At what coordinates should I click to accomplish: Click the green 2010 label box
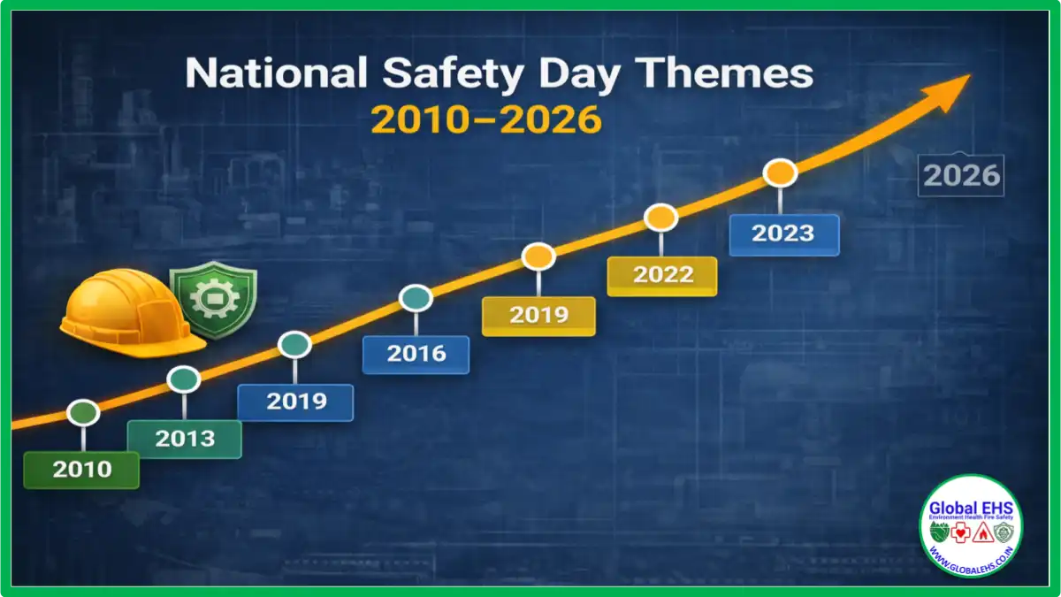81,470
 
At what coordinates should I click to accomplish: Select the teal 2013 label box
185,439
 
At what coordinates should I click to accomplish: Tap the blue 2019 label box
295,402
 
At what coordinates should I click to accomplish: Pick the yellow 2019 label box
538,316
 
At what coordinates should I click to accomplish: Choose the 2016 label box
416,355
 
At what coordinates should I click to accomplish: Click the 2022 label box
662,275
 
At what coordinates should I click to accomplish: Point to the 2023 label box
783,234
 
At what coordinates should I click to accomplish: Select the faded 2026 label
961,176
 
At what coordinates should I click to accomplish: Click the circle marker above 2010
83,412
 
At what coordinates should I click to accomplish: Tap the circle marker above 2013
184,379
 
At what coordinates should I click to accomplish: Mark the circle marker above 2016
416,298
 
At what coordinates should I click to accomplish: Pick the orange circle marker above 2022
660,217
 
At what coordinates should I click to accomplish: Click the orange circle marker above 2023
781,172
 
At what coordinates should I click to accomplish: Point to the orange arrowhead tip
968,77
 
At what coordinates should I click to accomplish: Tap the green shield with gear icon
212,301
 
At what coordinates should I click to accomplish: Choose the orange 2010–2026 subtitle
485,119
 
